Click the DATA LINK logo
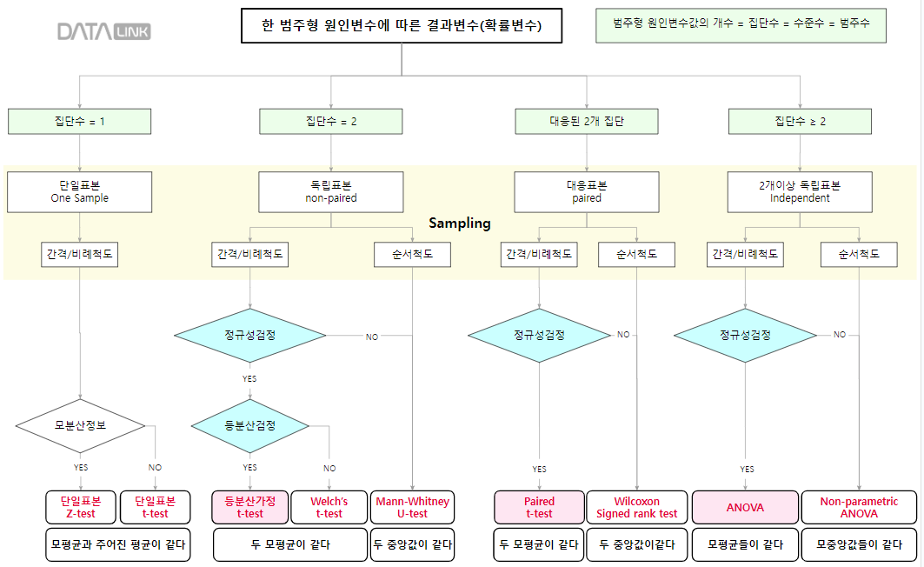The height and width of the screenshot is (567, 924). [103, 32]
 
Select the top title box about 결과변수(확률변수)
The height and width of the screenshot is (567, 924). [401, 26]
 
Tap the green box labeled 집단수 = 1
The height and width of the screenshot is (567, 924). [79, 122]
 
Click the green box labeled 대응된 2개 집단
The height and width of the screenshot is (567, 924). [587, 122]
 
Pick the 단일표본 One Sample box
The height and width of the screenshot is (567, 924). [79, 191]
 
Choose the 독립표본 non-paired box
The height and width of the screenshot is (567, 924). [331, 191]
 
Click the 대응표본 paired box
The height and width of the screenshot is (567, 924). [587, 191]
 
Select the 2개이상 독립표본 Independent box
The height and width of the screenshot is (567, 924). [800, 191]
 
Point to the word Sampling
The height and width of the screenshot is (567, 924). [460, 223]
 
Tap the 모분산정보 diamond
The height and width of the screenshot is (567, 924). [80, 425]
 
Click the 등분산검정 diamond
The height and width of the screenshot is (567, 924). [250, 425]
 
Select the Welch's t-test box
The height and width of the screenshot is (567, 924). [329, 507]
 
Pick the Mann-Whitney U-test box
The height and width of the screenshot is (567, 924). [412, 507]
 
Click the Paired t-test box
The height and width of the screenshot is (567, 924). [539, 507]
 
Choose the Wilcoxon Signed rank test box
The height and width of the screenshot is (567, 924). [637, 507]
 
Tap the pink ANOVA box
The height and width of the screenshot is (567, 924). [745, 507]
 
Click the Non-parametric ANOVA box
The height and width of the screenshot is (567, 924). [859, 507]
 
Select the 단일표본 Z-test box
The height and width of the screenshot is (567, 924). [81, 507]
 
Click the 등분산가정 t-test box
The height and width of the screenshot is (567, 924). [250, 507]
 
